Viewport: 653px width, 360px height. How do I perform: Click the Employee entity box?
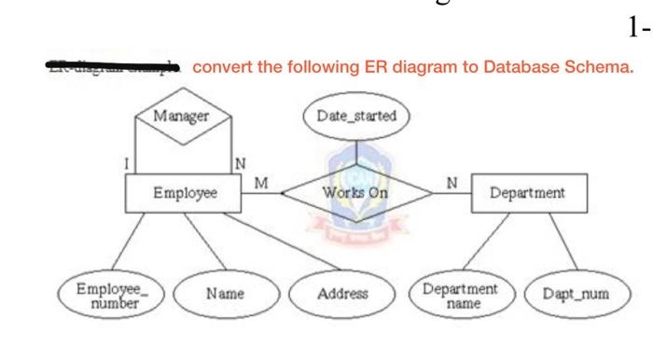(184, 193)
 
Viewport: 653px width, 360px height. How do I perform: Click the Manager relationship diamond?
(183, 118)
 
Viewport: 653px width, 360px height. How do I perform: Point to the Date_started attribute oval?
(355, 117)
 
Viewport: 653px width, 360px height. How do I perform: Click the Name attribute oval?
(225, 293)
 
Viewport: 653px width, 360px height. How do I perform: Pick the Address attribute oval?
(341, 293)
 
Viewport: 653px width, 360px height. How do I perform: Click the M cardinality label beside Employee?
(258, 181)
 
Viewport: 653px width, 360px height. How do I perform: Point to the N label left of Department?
(452, 181)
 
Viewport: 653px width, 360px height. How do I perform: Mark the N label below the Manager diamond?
(240, 164)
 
